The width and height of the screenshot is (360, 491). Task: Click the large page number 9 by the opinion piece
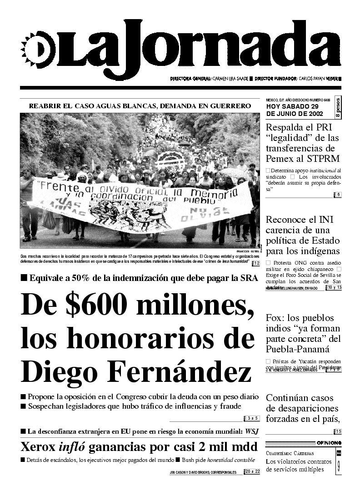[x=339, y=465]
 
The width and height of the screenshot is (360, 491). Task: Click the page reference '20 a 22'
[x=252, y=472]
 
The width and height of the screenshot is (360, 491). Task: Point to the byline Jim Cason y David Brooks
[x=203, y=472]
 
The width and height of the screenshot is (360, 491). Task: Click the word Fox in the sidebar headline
[x=276, y=318]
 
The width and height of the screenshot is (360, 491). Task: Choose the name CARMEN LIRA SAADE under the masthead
[x=231, y=79]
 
